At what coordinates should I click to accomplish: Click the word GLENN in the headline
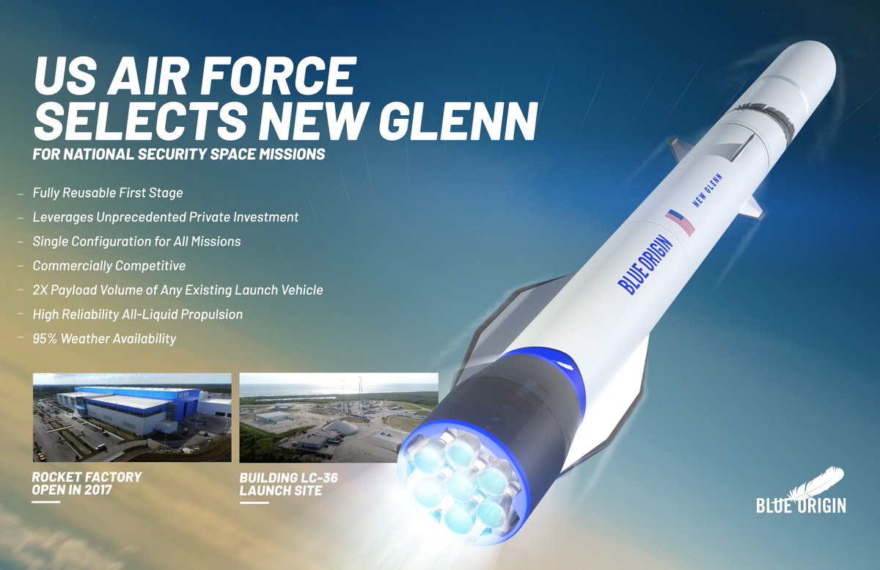458,121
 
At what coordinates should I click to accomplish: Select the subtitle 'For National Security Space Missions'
179,154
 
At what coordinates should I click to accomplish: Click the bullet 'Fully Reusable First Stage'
108,193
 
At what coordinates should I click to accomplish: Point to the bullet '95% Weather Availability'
104,339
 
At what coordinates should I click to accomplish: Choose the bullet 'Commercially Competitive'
109,266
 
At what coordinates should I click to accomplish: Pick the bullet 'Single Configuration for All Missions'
136,241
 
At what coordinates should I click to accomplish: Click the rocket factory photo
132,417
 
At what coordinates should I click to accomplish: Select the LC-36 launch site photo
339,417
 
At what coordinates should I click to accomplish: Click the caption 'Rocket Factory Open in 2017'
87,483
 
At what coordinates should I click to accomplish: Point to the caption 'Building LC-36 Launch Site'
289,484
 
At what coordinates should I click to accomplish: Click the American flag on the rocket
680,222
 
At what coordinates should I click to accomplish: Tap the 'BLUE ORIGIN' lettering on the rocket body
645,265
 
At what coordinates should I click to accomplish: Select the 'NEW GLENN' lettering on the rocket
707,190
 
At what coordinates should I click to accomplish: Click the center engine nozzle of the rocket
462,487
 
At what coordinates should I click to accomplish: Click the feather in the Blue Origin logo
818,483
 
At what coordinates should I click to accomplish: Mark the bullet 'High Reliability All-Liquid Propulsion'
138,315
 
